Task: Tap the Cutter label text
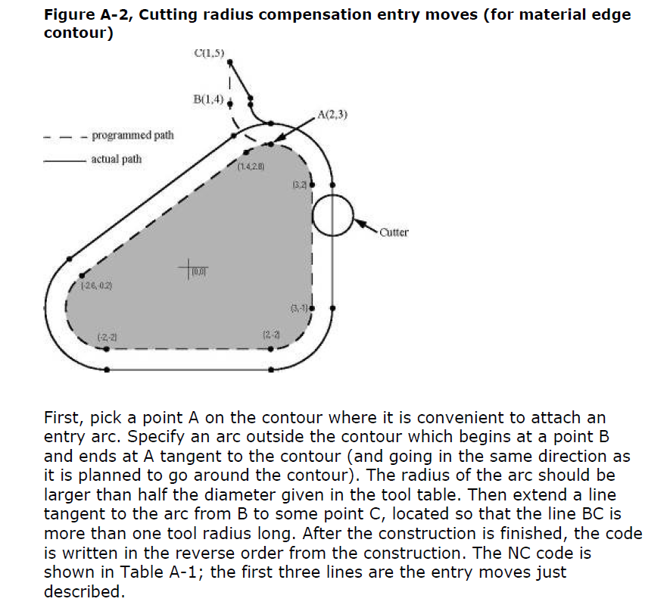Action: pos(394,232)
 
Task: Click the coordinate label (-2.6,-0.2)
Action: pos(97,286)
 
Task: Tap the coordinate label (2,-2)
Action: pos(272,335)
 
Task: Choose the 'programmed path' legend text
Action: pos(132,136)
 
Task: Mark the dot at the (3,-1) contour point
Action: pos(310,309)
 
